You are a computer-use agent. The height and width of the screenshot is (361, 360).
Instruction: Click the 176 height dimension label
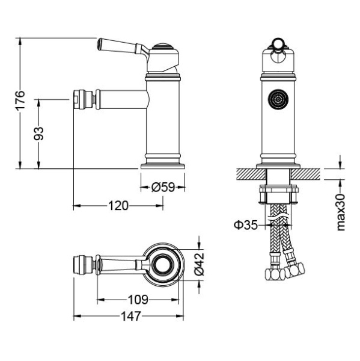pyautogui.click(x=20, y=100)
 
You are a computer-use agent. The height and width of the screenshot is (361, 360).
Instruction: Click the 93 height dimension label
pyautogui.click(x=38, y=134)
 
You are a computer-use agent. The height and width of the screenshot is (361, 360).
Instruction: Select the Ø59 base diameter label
pyautogui.click(x=163, y=187)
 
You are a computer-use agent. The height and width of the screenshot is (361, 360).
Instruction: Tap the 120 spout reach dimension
pyautogui.click(x=118, y=206)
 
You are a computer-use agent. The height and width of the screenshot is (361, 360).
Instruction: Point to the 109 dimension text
pyautogui.click(x=138, y=300)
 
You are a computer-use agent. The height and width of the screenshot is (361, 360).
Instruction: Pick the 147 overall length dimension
pyautogui.click(x=131, y=316)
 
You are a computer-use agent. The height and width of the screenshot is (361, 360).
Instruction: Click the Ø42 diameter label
pyautogui.click(x=199, y=264)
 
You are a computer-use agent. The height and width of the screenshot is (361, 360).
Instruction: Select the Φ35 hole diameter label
pyautogui.click(x=246, y=225)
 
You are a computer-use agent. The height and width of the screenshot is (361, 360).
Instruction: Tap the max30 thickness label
pyautogui.click(x=341, y=212)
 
